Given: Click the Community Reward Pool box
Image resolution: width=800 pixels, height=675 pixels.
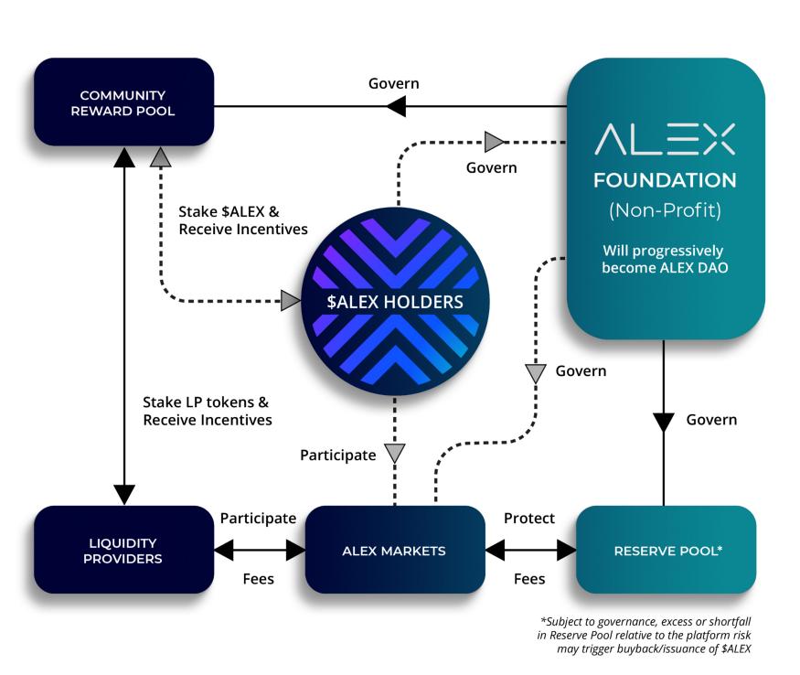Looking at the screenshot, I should click(x=123, y=103).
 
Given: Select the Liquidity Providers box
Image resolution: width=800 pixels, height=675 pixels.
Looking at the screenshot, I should click(x=123, y=551).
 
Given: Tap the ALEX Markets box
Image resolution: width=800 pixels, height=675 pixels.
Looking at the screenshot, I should click(x=394, y=551).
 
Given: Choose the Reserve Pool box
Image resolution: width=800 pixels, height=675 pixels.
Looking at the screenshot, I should click(x=666, y=551).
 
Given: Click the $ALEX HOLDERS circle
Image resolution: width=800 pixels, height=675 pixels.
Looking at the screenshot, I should click(x=394, y=302).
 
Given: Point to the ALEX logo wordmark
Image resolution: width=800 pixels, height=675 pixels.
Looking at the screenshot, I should click(x=665, y=139).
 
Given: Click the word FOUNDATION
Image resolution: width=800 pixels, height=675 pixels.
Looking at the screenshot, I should click(x=665, y=180).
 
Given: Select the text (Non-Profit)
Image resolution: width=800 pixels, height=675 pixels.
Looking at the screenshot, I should click(x=665, y=211).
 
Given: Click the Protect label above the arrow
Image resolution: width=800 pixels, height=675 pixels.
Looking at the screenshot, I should click(x=529, y=519).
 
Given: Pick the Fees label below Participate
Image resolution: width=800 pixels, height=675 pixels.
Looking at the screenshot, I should click(x=259, y=579).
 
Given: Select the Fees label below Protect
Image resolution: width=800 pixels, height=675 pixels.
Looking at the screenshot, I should click(x=529, y=579).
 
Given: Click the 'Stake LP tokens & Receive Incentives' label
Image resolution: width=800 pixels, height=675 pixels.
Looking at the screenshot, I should click(x=208, y=411).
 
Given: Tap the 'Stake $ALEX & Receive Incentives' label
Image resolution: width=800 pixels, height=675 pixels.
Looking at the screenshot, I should click(x=242, y=220).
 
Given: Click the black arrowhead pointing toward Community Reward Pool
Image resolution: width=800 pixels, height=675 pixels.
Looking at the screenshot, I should click(x=396, y=106).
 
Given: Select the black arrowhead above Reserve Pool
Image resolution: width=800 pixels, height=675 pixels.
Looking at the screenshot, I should click(x=664, y=422).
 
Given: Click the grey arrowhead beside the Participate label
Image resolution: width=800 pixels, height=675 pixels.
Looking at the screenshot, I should click(x=394, y=452).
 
